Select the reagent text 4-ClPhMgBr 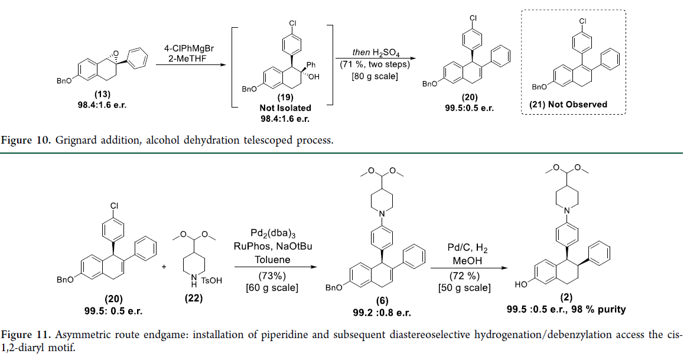190,47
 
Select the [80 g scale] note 373,76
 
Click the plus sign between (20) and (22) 164,267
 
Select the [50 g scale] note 464,288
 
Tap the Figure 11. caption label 27,335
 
